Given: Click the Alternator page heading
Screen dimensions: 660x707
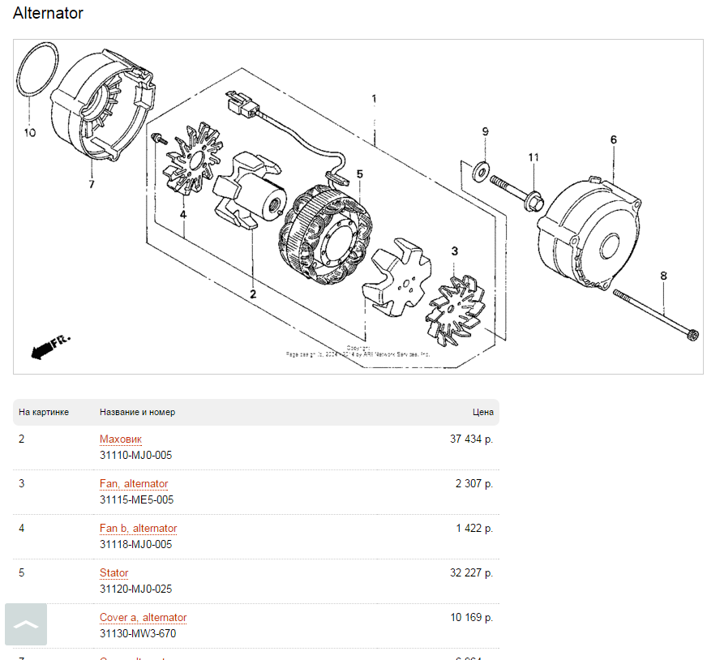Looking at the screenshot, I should [x=48, y=14].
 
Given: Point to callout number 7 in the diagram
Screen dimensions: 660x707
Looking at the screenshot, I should [x=92, y=185].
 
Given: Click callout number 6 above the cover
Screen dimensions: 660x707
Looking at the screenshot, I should [x=614, y=139].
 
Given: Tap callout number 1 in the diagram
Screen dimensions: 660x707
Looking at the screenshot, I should [x=374, y=99].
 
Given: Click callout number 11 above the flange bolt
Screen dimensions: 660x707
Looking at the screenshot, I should [x=533, y=156].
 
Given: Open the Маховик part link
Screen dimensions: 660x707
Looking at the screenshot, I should [x=120, y=439].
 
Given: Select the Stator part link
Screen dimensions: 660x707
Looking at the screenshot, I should [x=114, y=573].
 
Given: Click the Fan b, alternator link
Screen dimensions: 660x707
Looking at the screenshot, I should [x=138, y=529].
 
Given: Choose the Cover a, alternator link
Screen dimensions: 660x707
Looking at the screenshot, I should [x=143, y=618].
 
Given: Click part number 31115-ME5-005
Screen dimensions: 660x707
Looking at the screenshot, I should [x=136, y=500].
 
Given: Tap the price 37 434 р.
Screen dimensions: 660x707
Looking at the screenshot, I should [x=471, y=439].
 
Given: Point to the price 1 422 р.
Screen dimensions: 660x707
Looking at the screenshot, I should [x=474, y=529].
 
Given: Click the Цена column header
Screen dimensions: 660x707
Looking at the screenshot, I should [x=482, y=412].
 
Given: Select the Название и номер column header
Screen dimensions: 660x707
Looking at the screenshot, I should [x=137, y=412].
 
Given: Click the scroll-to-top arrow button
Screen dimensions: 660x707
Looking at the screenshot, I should [x=26, y=624].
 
